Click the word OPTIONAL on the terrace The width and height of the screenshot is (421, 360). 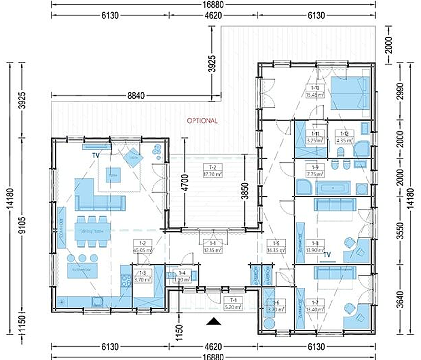[x=202, y=121]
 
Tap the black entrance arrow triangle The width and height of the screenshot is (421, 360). [x=213, y=321]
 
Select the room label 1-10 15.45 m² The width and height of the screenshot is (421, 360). [x=315, y=91]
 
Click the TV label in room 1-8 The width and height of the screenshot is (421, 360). [x=327, y=255]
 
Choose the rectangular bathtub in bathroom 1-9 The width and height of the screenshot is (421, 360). [x=332, y=188]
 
